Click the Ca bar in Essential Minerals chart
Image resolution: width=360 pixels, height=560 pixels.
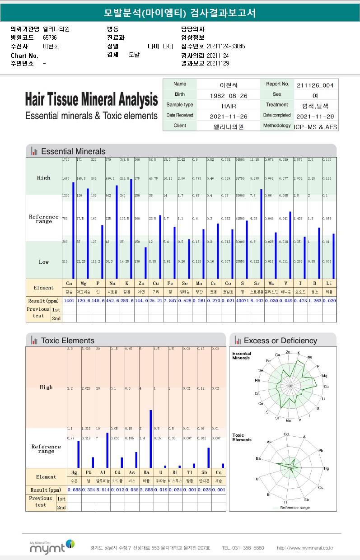73,230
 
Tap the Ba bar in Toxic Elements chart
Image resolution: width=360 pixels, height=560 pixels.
150,439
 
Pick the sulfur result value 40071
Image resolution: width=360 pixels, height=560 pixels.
243,301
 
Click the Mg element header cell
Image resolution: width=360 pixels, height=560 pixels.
84,284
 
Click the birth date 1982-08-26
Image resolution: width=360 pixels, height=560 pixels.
228,95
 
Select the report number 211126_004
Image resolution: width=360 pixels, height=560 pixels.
315,85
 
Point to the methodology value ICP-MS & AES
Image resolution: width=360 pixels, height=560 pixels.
315,127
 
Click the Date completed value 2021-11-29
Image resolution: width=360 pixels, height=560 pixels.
315,116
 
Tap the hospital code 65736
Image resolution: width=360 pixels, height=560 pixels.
50,37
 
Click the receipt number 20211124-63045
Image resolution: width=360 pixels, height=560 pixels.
226,46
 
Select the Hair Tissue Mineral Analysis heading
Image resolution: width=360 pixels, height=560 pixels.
91,99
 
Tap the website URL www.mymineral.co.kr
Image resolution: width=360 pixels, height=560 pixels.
305,548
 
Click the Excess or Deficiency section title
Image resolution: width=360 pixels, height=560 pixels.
280,341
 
